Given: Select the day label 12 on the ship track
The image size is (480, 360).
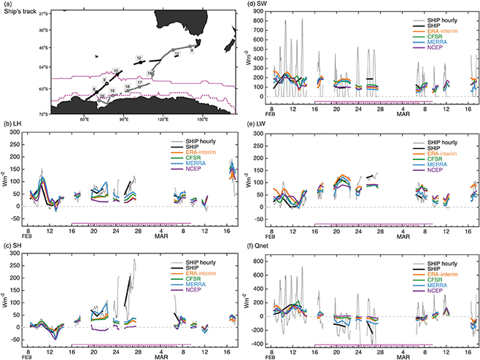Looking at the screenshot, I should point(138,57).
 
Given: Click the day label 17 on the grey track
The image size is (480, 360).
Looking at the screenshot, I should point(139,83).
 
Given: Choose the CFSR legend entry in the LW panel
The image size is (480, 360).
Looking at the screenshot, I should point(434,159).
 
